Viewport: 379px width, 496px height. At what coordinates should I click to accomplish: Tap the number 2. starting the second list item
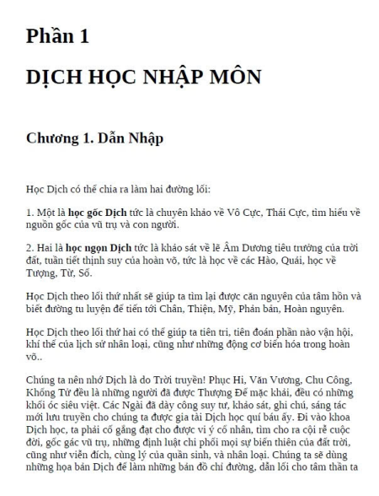31,249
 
